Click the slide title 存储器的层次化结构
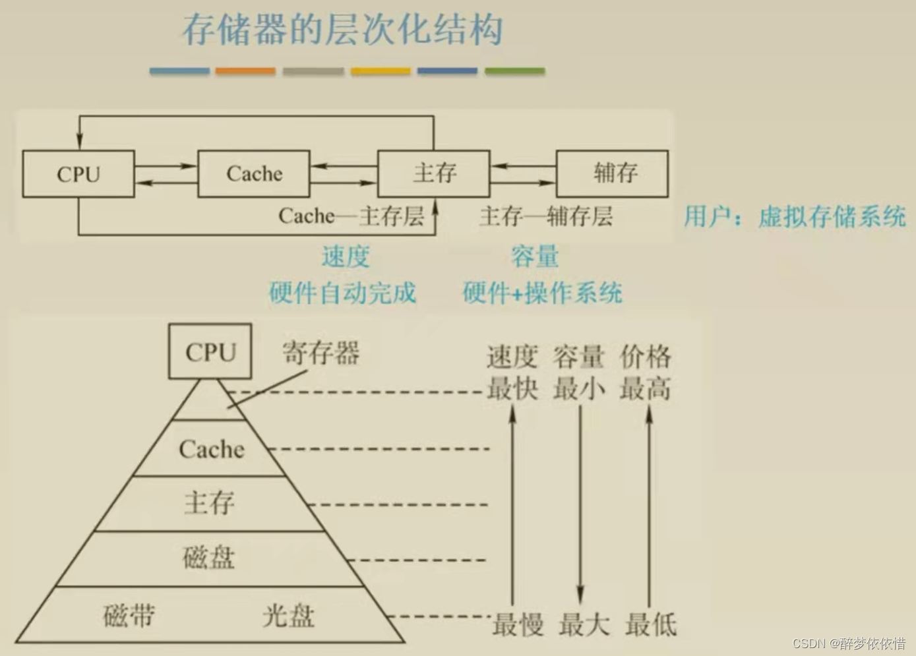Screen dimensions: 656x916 pyautogui.click(x=342, y=30)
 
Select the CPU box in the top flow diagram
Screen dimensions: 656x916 pyautogui.click(x=78, y=174)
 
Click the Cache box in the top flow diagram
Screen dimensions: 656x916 pyautogui.click(x=254, y=174)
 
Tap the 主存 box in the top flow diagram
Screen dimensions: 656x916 pyautogui.click(x=434, y=173)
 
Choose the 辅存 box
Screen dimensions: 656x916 pyautogui.click(x=613, y=173)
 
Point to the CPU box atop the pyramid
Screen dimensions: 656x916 pyautogui.click(x=210, y=352)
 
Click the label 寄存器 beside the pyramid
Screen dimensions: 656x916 pyautogui.click(x=321, y=353)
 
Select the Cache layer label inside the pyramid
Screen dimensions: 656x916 pyautogui.click(x=211, y=450)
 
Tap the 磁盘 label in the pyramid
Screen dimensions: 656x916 pyautogui.click(x=209, y=558)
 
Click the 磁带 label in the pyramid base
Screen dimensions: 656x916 pyautogui.click(x=129, y=616)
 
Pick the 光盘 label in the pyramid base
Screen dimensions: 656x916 pyautogui.click(x=288, y=616)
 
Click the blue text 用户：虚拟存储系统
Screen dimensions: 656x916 pyautogui.click(x=795, y=216)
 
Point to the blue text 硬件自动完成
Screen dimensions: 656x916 pyautogui.click(x=343, y=293)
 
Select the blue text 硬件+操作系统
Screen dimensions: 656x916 pyautogui.click(x=542, y=293)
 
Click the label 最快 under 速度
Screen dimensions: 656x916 pyautogui.click(x=512, y=388)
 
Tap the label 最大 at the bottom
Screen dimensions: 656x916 pyautogui.click(x=584, y=624)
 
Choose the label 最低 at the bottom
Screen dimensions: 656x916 pyautogui.click(x=651, y=624)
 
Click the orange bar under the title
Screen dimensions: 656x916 pyautogui.click(x=245, y=71)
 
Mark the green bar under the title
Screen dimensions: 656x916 pyautogui.click(x=514, y=71)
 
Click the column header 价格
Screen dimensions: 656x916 pyautogui.click(x=646, y=357)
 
